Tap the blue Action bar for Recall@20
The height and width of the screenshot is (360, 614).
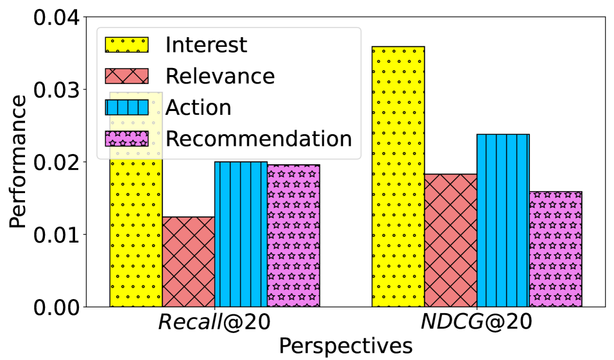(x=241, y=234)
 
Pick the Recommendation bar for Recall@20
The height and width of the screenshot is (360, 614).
(x=294, y=236)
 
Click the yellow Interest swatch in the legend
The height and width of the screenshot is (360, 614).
(x=127, y=45)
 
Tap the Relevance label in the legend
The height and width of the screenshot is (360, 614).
(x=220, y=76)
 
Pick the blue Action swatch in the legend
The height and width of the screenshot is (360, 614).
(x=127, y=107)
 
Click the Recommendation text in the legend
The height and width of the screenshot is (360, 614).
(x=259, y=139)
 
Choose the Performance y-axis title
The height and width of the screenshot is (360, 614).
(x=19, y=162)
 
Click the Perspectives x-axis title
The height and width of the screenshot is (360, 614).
(x=345, y=347)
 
